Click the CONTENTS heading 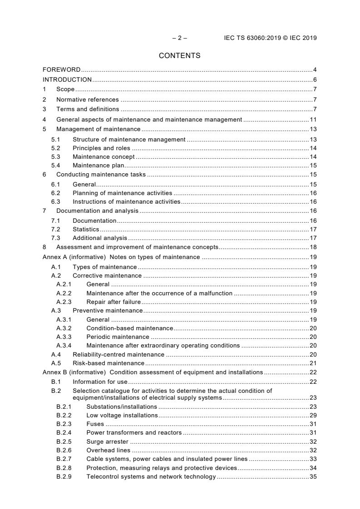pyautogui.click(x=179, y=56)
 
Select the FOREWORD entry pyautogui.click(x=62, y=70)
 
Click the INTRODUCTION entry pyautogui.click(x=67, y=79)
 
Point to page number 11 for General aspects pyautogui.click(x=313, y=120)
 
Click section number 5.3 pyautogui.click(x=55, y=157)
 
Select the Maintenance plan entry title pyautogui.click(x=99, y=166)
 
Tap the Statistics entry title pyautogui.click(x=86, y=230)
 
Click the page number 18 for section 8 pyautogui.click(x=313, y=247)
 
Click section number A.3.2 pyautogui.click(x=64, y=328)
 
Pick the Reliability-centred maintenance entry pyautogui.click(x=118, y=354)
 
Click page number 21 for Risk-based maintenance pyautogui.click(x=313, y=363)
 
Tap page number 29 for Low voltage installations pyautogui.click(x=313, y=415)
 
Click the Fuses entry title pyautogui.click(x=95, y=424)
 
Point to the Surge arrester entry pyautogui.click(x=107, y=441)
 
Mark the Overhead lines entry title pyautogui.click(x=108, y=450)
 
